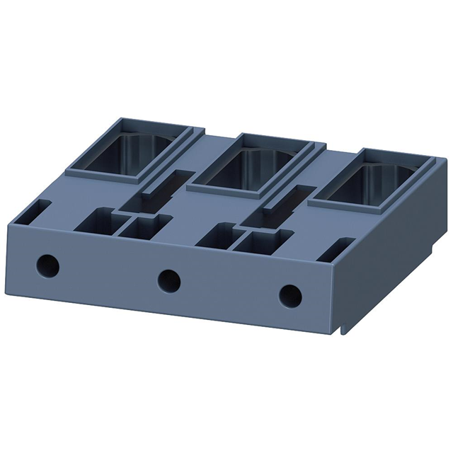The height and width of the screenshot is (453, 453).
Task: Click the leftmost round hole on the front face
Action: point(48,265)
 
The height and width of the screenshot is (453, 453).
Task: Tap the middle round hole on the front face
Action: point(168,280)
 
